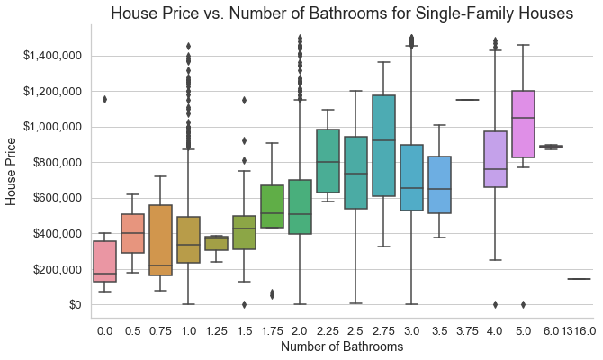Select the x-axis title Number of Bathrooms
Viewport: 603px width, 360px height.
pos(346,346)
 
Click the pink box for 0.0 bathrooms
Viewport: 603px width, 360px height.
pos(104,261)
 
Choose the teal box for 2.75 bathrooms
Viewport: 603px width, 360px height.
pos(383,146)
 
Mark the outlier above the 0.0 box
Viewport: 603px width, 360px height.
pos(104,99)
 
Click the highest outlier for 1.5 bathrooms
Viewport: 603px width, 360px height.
pos(244,100)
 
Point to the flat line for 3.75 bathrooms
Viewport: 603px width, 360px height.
pos(467,100)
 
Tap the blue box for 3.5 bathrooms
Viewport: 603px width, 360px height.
pos(439,185)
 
